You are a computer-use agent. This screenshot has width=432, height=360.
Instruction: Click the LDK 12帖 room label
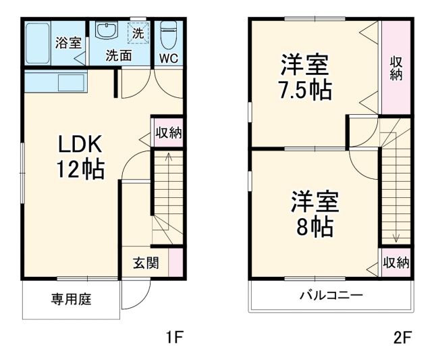click(80, 156)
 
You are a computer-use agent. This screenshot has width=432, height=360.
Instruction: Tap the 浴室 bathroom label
click(67, 43)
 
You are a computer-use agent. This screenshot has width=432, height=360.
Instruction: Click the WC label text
click(168, 58)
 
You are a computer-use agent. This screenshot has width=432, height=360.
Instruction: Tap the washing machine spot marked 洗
click(138, 32)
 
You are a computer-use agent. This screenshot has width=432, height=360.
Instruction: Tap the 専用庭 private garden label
click(72, 298)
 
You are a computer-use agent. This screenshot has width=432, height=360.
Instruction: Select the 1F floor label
click(173, 336)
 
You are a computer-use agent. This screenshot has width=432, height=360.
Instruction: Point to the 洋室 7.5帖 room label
click(306, 78)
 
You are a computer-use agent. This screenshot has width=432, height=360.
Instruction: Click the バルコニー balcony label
click(331, 295)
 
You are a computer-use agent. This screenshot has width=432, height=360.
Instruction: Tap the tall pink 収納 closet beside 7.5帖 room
click(396, 67)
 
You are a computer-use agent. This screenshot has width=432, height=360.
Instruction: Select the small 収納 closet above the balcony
click(396, 262)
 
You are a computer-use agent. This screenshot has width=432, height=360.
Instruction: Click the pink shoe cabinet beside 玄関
click(175, 262)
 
